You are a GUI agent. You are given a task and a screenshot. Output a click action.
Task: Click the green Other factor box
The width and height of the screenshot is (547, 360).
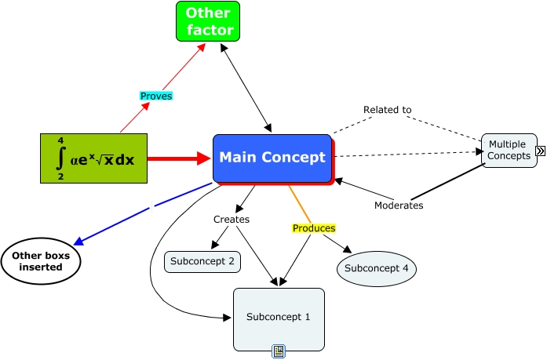click(208, 22)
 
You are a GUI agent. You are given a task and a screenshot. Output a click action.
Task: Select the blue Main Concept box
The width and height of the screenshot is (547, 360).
click(272, 158)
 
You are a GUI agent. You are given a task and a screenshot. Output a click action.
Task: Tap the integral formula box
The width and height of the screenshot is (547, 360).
click(93, 158)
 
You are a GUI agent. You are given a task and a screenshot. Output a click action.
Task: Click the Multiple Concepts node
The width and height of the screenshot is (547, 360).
click(509, 151)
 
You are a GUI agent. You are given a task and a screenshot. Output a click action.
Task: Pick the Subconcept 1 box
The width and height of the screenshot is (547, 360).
click(279, 318)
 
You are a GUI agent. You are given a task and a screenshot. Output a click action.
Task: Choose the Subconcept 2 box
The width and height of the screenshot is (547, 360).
click(202, 262)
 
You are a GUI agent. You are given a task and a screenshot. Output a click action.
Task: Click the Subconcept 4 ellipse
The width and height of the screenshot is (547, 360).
click(377, 268)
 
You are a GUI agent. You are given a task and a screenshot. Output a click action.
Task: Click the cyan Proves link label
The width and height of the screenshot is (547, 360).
click(155, 96)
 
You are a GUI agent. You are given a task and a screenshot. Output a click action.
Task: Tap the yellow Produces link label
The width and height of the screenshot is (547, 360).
click(314, 228)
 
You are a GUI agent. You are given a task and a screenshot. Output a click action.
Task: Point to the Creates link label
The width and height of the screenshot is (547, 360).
click(232, 220)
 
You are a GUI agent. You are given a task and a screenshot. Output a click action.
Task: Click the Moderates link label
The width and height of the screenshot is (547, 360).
click(399, 205)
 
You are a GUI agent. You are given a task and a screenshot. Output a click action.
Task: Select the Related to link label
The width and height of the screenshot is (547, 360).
click(387, 110)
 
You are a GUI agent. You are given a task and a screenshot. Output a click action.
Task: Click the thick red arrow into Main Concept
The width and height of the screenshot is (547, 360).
click(179, 158)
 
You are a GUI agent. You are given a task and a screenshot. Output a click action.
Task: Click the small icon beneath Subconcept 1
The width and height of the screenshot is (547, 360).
click(279, 351)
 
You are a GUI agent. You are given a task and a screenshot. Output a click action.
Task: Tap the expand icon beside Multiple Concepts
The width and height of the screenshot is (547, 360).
click(540, 151)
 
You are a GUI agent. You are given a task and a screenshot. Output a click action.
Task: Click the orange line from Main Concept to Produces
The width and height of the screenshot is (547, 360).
click(298, 203)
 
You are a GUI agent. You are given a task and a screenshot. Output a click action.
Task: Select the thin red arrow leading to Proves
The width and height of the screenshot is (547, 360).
click(131, 118)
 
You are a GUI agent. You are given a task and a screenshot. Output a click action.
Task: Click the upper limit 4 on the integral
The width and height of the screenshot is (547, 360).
click(60, 140)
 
